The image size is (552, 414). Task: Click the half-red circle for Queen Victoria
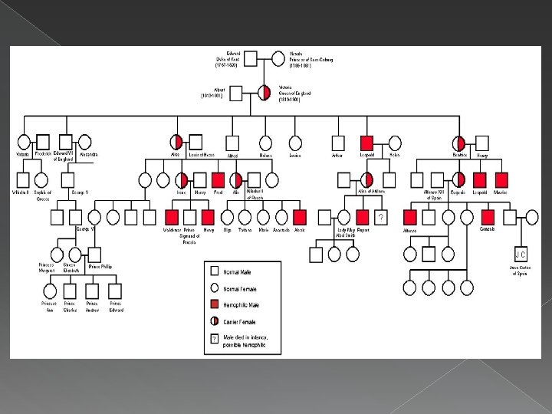click(x=264, y=92)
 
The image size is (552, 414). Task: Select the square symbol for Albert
click(x=238, y=92)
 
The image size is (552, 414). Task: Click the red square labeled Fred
click(x=218, y=179)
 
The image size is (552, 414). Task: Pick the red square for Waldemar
click(x=172, y=217)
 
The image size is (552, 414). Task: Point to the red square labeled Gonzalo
click(x=487, y=217)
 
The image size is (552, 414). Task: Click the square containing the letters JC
click(x=520, y=254)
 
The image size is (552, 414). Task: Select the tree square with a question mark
click(x=381, y=217)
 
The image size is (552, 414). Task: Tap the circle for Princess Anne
click(x=50, y=291)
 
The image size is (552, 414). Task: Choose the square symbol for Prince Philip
click(x=94, y=254)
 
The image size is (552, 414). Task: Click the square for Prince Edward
click(x=115, y=291)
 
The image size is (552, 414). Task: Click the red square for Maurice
click(x=501, y=179)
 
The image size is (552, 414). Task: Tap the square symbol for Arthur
click(x=337, y=142)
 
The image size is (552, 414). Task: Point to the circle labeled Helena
click(x=265, y=142)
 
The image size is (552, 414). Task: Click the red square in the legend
click(x=213, y=304)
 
